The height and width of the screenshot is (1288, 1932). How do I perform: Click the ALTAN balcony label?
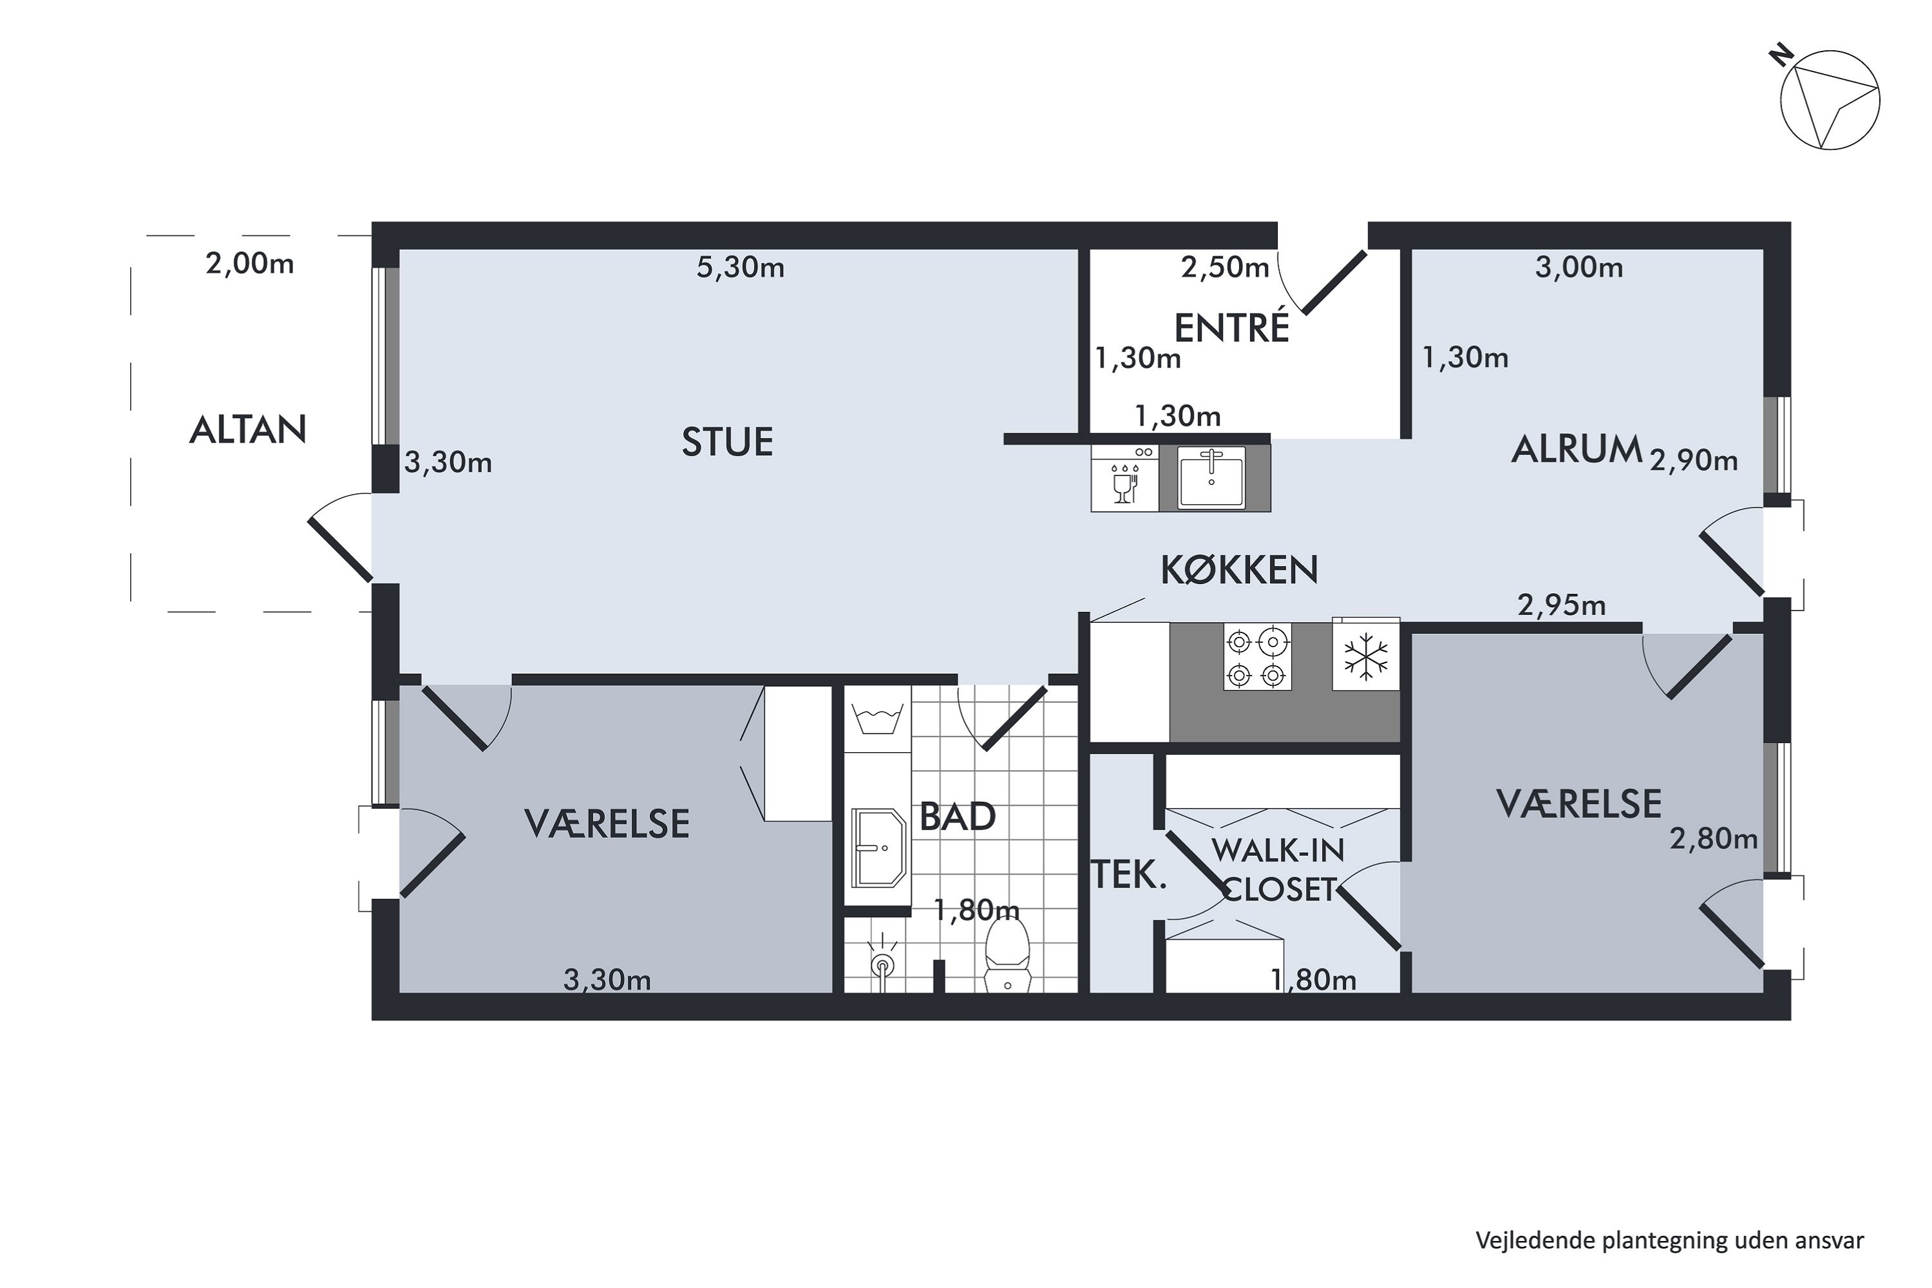(248, 430)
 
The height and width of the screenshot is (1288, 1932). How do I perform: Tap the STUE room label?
(728, 442)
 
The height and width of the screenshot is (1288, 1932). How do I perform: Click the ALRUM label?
(1577, 450)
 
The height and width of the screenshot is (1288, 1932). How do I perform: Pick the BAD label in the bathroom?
(958, 817)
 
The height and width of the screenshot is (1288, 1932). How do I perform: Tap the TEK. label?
(1130, 876)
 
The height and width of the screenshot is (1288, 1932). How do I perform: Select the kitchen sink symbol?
(1211, 478)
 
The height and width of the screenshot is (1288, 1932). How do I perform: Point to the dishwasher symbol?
(1124, 478)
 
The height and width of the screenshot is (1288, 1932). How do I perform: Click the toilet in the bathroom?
(1007, 954)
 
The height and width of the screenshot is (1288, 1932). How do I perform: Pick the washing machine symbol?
(878, 718)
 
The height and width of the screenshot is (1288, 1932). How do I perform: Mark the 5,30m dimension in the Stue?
(740, 267)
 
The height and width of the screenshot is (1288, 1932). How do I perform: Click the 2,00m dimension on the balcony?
(250, 263)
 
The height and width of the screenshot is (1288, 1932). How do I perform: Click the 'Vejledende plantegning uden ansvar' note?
(1670, 1240)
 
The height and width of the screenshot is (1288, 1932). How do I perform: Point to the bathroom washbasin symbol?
(879, 848)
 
